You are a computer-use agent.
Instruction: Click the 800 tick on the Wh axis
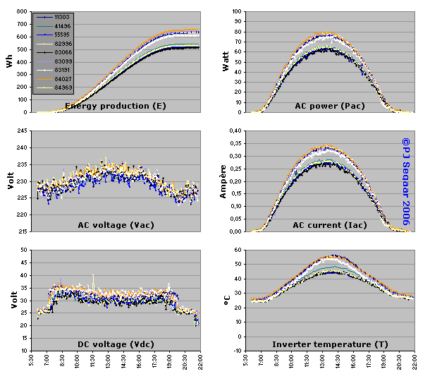tap(23, 13)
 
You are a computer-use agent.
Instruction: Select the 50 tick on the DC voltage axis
tap(25, 250)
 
